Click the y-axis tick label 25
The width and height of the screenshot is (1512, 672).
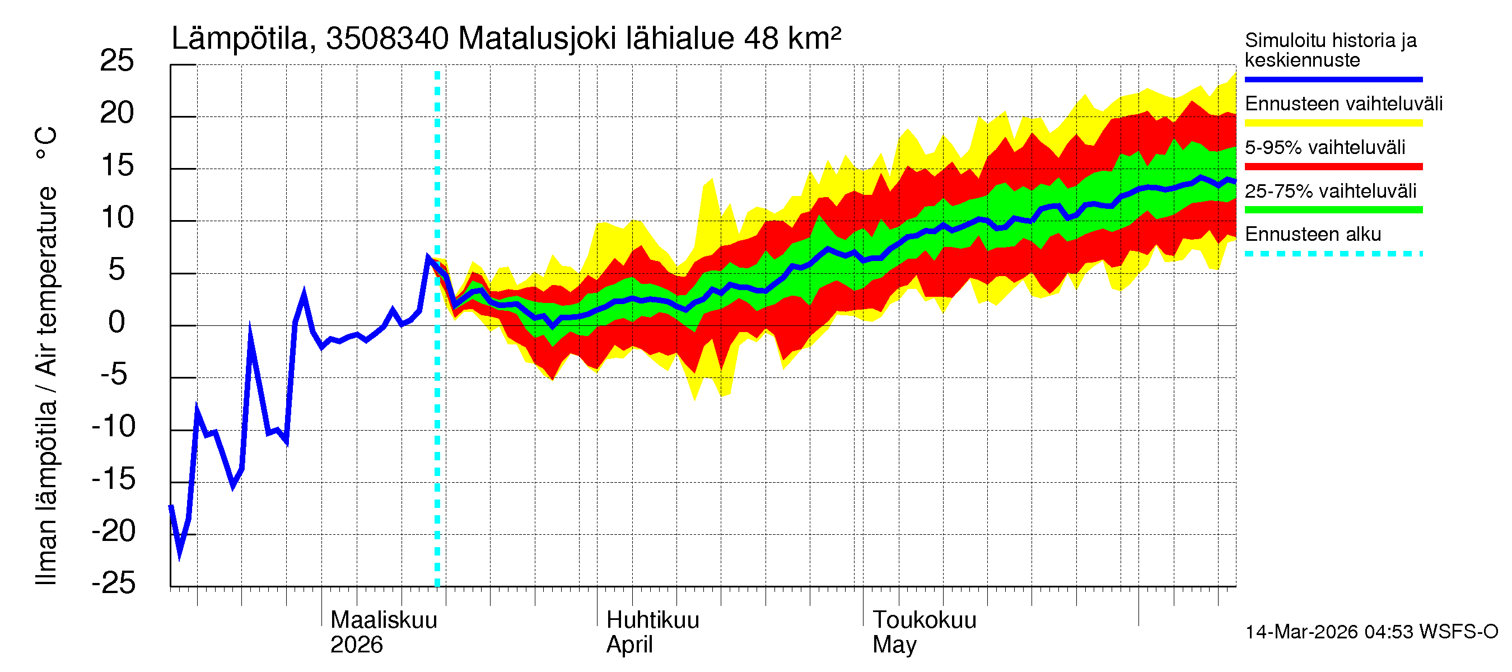click(117, 61)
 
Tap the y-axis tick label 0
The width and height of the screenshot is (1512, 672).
click(117, 322)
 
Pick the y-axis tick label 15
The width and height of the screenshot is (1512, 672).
click(117, 166)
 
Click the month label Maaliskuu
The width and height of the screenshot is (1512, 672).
click(384, 620)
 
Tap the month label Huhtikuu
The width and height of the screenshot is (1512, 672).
click(653, 620)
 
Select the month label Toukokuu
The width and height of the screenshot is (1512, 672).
click(925, 620)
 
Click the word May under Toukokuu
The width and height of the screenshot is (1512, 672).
click(894, 645)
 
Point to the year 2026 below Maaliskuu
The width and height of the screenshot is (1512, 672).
click(356, 645)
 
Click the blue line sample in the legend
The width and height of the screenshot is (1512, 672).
click(1333, 79)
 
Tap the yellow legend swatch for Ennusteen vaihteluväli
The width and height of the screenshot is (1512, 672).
click(1333, 123)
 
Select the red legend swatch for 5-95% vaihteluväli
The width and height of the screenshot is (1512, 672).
click(1333, 167)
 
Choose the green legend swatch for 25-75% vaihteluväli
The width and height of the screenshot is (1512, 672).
click(1333, 210)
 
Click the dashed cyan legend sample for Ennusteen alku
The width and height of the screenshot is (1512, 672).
click(1333, 254)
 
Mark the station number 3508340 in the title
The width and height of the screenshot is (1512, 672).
click(388, 39)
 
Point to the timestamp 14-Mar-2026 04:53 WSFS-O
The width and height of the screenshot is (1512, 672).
click(1371, 632)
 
